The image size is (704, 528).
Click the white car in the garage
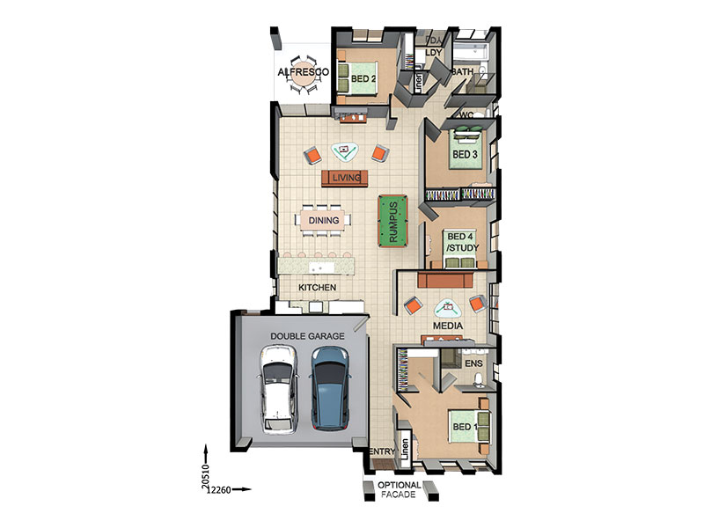[x=279, y=390]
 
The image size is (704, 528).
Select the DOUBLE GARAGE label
[x=307, y=336]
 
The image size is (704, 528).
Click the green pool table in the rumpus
[x=392, y=221]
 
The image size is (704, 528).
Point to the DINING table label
[x=324, y=221]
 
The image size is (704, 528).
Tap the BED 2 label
[x=363, y=79]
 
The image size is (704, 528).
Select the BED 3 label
[x=465, y=155]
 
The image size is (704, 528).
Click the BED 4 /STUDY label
[x=463, y=242]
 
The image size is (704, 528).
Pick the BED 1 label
[x=465, y=427]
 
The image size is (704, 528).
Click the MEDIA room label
[x=448, y=326]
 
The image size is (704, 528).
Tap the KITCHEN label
[x=318, y=288]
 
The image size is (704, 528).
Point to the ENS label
[x=474, y=363]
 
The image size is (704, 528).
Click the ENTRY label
[x=382, y=451]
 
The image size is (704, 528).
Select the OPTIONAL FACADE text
[x=400, y=490]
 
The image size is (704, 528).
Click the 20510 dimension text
[x=206, y=476]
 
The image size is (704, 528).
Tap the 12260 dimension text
[x=218, y=490]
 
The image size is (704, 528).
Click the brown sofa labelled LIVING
[x=345, y=178]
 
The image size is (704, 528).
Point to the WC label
[x=466, y=115]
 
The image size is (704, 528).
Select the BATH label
[x=463, y=72]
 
